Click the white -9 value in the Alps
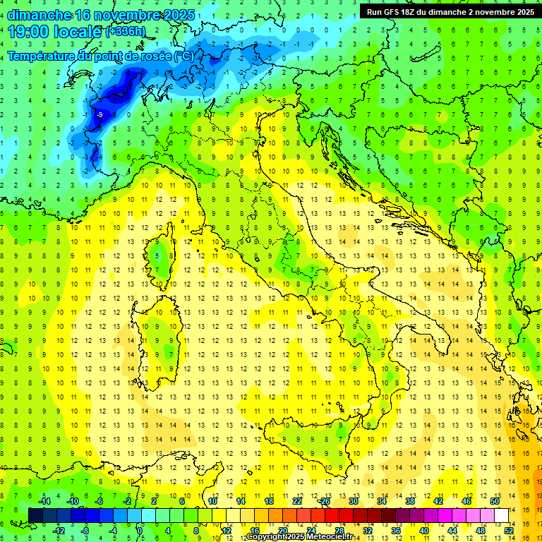(x=100, y=114)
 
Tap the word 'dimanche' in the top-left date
(x=35, y=15)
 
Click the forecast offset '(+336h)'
(x=126, y=32)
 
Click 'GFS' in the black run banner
(x=395, y=12)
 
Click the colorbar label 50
(x=495, y=501)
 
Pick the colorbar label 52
(x=509, y=531)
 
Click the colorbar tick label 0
(x=140, y=531)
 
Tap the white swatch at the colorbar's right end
(x=502, y=516)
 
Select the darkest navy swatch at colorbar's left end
(x=36, y=516)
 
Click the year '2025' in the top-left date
(x=179, y=15)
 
